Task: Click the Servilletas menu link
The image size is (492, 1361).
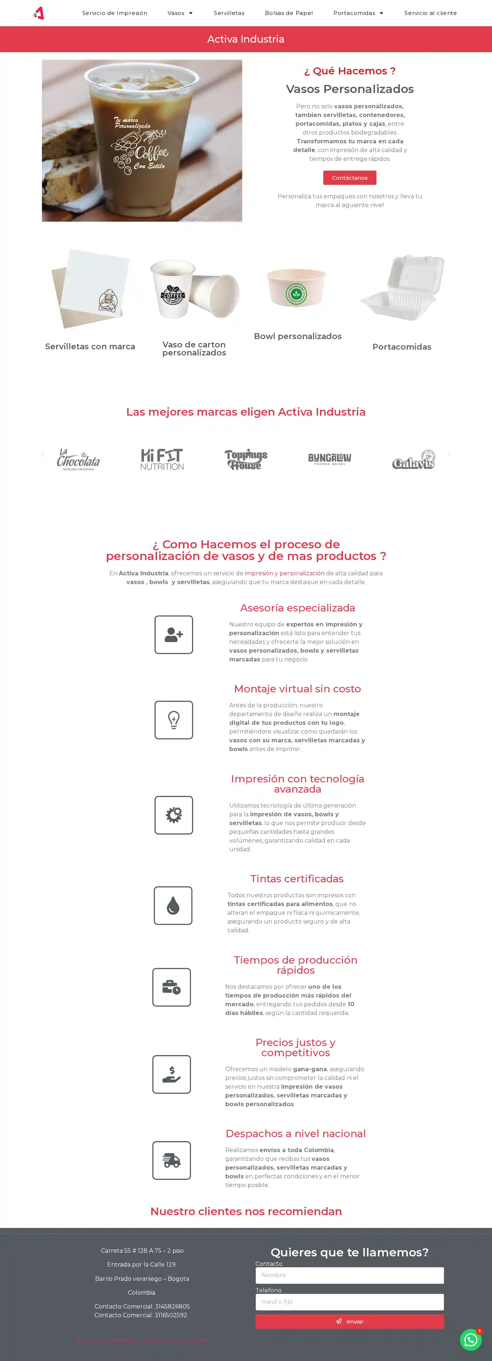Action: pos(229,13)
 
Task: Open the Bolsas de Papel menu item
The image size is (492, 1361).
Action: pos(289,13)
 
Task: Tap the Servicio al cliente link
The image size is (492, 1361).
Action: pos(430,13)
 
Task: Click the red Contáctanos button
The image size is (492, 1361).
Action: pos(350,178)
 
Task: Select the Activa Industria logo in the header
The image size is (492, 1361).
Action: pos(39,13)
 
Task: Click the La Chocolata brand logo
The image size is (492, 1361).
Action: pos(78,459)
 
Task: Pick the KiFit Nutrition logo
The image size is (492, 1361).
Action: pos(162,459)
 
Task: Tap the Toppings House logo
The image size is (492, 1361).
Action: pos(246,459)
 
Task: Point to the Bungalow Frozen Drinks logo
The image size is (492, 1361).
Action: pos(329,459)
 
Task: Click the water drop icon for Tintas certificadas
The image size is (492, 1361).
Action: pos(173,906)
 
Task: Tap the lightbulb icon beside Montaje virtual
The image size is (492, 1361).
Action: pos(174,720)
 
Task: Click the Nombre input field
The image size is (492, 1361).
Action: pos(350,1275)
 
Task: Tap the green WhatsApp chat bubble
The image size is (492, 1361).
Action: pos(470,1340)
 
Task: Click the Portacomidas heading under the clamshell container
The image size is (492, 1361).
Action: pos(402,347)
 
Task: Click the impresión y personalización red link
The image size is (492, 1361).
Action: pos(285,573)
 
